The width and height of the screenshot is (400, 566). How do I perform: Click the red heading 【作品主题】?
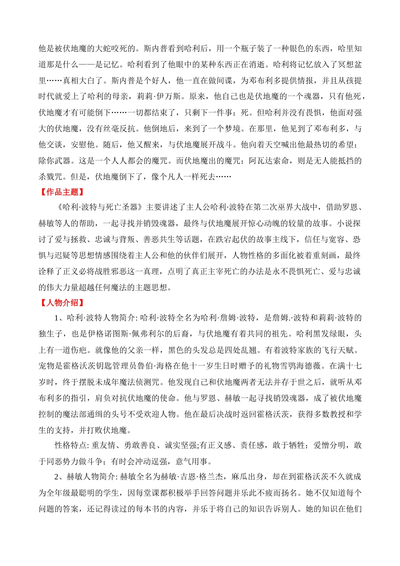[x=61, y=192]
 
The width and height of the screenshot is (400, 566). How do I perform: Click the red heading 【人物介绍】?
[x=61, y=302]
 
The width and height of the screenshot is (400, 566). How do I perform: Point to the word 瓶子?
[x=248, y=48]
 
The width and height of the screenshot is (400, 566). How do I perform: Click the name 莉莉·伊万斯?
[x=162, y=96]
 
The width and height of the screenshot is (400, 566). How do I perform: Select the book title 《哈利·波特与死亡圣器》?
[x=99, y=207]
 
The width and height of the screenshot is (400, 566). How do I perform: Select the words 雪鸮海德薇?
[x=301, y=366]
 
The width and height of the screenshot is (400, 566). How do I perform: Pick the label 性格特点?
[x=71, y=445]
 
